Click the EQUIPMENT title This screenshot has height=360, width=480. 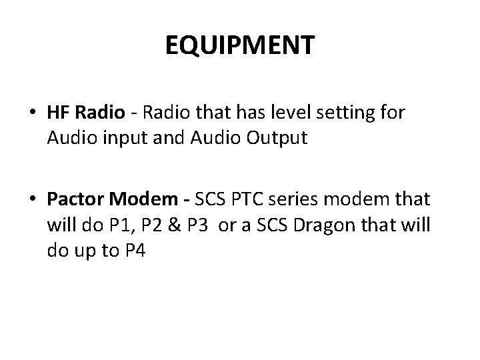(239, 46)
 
